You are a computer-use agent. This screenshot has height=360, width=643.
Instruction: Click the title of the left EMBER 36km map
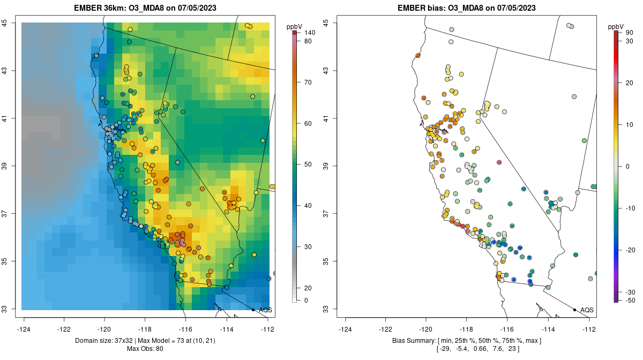(x=145, y=8)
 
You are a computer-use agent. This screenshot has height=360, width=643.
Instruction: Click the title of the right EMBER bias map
(x=466, y=8)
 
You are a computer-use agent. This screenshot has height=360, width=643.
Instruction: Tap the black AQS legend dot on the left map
(x=253, y=310)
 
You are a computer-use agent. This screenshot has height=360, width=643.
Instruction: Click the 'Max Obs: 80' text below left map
(x=145, y=349)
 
